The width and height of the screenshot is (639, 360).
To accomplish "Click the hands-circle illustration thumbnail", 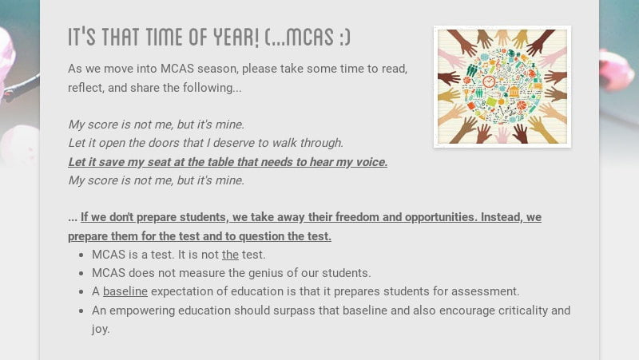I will [502, 86].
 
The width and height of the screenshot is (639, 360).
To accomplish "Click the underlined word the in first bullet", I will [230, 255].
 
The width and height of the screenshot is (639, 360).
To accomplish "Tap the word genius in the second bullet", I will [236, 273].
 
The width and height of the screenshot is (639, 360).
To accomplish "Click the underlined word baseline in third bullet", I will [125, 291].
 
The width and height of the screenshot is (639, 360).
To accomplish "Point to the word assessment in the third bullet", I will [488, 291].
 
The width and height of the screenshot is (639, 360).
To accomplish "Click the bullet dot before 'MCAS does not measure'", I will [82, 274].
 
